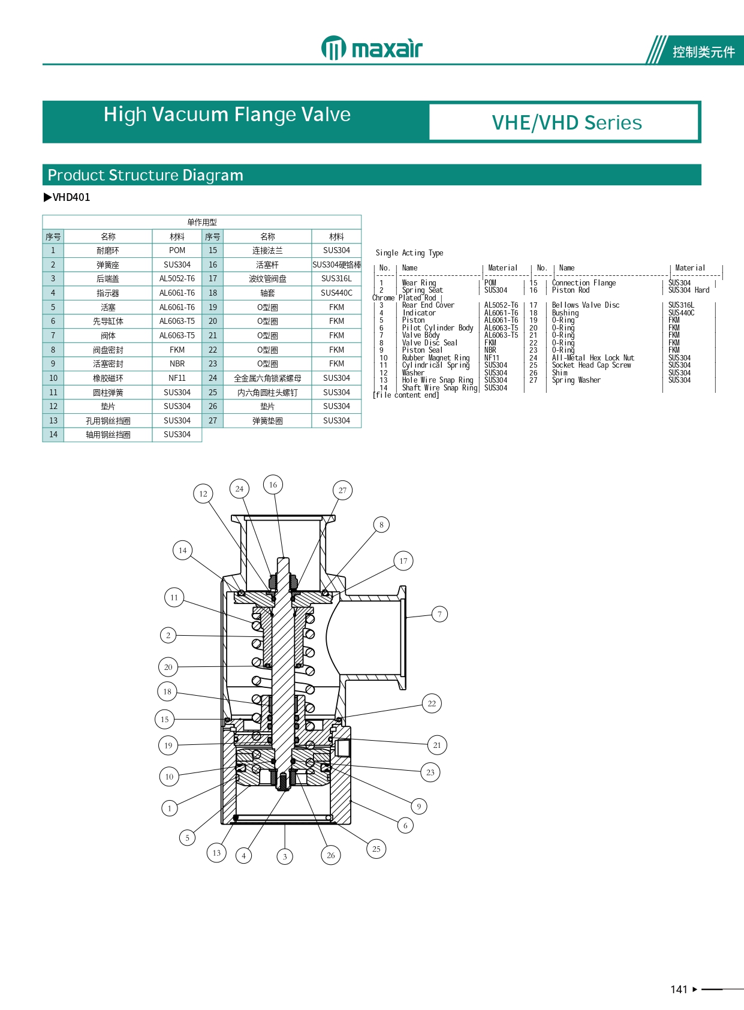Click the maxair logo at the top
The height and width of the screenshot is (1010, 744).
point(372,48)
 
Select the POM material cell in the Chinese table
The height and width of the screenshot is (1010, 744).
point(177,251)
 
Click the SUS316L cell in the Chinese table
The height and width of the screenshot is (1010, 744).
point(336,279)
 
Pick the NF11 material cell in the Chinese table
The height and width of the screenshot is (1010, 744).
point(177,378)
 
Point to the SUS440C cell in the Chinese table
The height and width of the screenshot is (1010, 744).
point(336,293)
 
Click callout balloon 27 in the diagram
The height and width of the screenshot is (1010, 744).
point(342,491)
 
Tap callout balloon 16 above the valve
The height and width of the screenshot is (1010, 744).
point(273,485)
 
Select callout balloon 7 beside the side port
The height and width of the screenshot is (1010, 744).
point(439,614)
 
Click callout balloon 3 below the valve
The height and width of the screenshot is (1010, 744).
point(285,856)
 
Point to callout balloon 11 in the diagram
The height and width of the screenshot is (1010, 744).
point(174,597)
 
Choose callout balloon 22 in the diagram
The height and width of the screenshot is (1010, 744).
point(432,704)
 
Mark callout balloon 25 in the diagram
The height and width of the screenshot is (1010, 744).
point(376,849)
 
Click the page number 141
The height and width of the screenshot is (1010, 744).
point(679,990)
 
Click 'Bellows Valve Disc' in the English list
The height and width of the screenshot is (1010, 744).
point(585,305)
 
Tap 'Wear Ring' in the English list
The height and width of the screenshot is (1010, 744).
point(419,283)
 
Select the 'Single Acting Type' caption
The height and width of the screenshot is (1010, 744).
point(409,253)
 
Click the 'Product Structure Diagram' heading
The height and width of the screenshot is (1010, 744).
point(146,175)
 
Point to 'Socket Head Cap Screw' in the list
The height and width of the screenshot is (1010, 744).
point(591,365)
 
